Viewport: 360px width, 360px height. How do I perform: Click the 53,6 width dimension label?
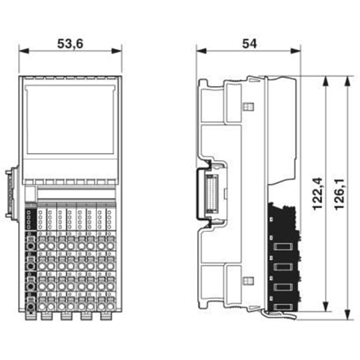coord(70,44)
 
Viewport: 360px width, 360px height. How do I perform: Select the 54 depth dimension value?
coord(249,44)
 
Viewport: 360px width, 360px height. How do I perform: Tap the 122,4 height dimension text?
coord(318,193)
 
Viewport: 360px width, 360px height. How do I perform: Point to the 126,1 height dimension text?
coord(339,193)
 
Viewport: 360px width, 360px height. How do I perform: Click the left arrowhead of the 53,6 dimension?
coord(24,51)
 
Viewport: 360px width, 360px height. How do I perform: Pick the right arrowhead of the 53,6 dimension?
coord(117,51)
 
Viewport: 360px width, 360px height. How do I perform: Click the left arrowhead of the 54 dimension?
coord(201,51)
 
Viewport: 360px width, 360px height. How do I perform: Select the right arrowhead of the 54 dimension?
coord(296,51)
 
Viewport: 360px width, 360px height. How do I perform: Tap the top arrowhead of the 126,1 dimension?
coord(347,81)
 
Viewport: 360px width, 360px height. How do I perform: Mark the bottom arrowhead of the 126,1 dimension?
coord(347,314)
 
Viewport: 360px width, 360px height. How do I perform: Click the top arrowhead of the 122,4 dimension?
coord(325,81)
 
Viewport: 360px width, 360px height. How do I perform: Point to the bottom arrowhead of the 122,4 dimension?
coord(325,306)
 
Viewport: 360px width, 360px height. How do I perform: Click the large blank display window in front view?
coord(70,119)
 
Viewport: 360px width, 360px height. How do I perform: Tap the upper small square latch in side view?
coord(248,106)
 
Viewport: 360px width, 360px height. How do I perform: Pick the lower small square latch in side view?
coord(248,280)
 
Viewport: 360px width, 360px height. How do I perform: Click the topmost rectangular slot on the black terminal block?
coord(283,247)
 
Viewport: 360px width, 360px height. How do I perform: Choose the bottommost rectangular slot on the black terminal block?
coord(283,307)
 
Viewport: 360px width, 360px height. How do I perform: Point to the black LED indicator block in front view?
coord(30,219)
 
